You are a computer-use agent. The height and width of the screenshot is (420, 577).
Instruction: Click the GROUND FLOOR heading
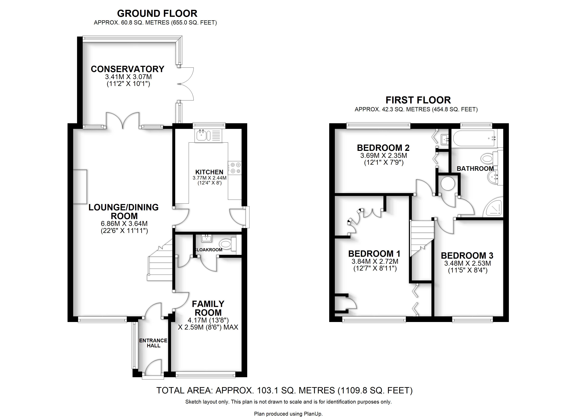tap(157, 13)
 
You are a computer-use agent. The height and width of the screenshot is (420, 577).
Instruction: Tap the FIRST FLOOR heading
tap(418, 100)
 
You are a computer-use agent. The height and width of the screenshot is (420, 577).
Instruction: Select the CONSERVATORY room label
tap(127, 69)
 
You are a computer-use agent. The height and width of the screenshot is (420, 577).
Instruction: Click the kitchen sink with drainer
tap(208, 135)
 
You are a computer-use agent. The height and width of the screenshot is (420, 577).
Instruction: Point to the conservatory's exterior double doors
tap(185, 84)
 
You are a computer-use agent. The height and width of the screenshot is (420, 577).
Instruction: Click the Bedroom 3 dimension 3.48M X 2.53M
tap(467, 263)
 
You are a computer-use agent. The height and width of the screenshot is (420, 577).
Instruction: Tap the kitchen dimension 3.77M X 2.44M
tap(209, 178)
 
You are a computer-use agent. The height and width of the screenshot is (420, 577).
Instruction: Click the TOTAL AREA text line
tap(284, 390)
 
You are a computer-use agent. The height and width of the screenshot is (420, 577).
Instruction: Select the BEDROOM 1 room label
tap(374, 254)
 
